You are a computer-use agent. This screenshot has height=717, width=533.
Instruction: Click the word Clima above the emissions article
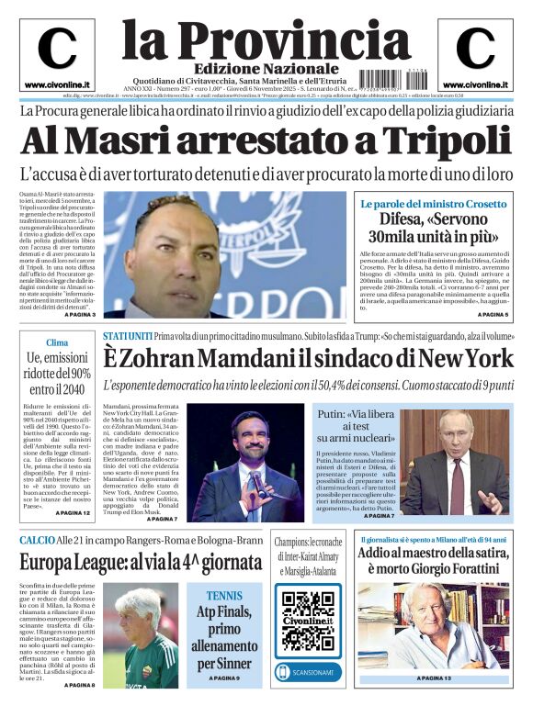(57, 342)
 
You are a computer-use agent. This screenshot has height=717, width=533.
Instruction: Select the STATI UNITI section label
(127, 336)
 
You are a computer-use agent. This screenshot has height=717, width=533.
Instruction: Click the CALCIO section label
(38, 540)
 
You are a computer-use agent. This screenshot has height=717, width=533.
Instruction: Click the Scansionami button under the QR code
(308, 670)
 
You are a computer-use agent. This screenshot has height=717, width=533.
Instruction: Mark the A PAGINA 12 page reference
(74, 512)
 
